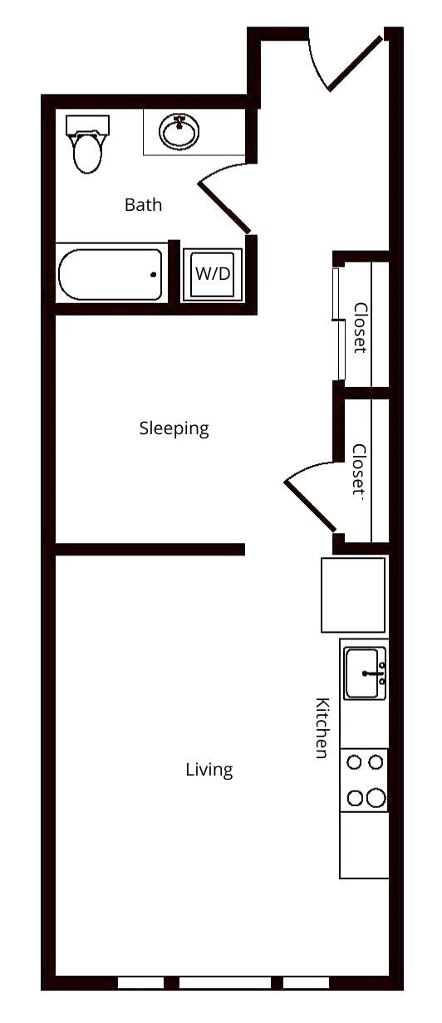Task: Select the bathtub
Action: tap(110, 275)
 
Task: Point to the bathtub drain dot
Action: tap(153, 275)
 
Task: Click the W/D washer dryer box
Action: tap(213, 274)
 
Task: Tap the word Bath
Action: tap(143, 204)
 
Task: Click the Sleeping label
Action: tap(174, 428)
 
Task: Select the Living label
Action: tap(209, 770)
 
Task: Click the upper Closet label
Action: tap(361, 327)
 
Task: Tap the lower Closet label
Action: tap(359, 470)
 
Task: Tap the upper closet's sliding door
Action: tap(338, 324)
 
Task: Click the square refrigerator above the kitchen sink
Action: tap(353, 595)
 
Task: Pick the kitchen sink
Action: tap(364, 673)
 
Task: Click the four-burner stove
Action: tap(364, 780)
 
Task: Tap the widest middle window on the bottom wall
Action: tap(224, 982)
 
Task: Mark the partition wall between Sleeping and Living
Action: tap(150, 549)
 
